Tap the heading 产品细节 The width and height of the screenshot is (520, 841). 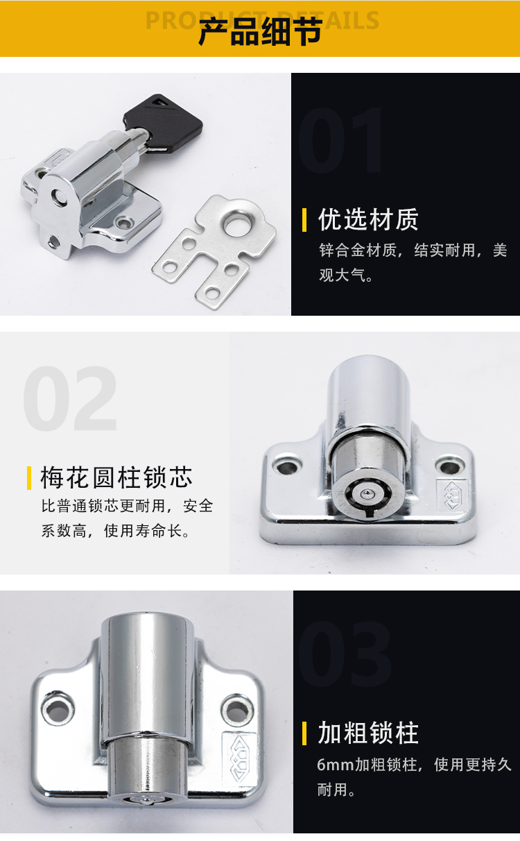[x=260, y=31]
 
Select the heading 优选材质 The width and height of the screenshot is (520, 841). [x=368, y=220]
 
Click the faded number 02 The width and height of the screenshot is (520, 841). [x=70, y=398]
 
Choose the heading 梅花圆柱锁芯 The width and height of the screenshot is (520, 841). [x=116, y=478]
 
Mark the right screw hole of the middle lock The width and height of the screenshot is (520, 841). [x=449, y=467]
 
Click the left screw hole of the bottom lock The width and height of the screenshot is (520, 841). [x=58, y=710]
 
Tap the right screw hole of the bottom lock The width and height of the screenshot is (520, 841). [x=236, y=711]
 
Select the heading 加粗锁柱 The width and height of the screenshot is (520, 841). [x=368, y=733]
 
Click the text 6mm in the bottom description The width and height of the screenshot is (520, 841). [x=336, y=765]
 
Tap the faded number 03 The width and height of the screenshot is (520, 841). [x=345, y=654]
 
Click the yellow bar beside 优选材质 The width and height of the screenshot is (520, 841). [x=304, y=220]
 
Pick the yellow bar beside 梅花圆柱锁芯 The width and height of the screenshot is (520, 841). [x=29, y=478]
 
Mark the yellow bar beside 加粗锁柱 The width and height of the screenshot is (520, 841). [x=304, y=733]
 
